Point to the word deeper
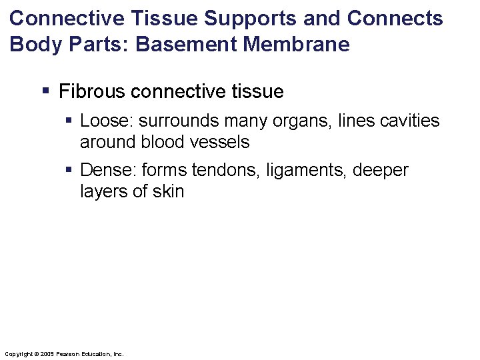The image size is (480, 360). tap(381, 171)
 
